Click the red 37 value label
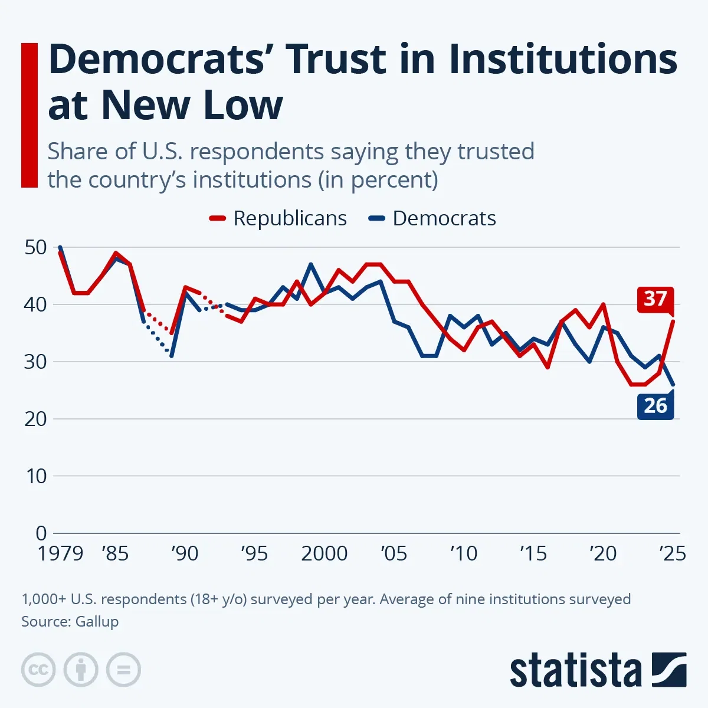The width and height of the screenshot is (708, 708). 655,299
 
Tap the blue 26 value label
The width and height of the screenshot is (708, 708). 655,406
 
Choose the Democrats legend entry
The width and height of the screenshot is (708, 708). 432,218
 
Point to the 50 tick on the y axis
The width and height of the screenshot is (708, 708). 36,247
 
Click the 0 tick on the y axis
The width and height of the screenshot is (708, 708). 41,533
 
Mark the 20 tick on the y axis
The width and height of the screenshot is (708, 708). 36,419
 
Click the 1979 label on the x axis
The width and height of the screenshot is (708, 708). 60,553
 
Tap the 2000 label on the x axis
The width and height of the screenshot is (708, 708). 324,553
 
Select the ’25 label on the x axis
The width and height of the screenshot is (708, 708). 672,553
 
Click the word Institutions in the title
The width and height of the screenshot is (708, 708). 563,59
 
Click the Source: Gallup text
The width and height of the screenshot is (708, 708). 70,621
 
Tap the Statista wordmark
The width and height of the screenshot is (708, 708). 575,671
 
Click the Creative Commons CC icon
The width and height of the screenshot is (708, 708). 38,670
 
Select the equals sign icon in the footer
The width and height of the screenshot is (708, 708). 123,670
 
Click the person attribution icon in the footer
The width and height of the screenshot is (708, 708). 81,670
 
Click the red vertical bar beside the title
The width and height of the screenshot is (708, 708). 29,115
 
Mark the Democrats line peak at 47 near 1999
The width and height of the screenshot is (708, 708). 310,264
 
